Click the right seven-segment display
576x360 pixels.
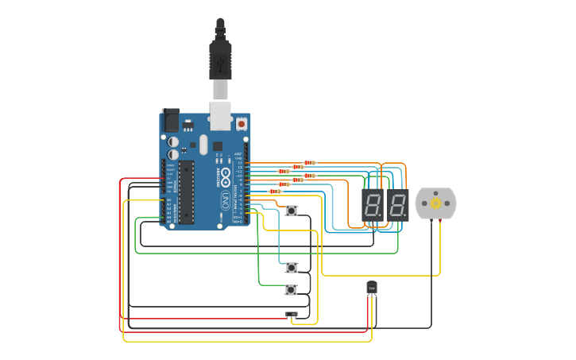click(x=398, y=205)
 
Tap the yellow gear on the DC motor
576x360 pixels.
click(x=435, y=204)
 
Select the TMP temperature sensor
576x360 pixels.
click(x=372, y=288)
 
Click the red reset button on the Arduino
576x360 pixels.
click(x=241, y=124)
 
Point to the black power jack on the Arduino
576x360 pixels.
click(x=170, y=120)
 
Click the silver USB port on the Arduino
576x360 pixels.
click(x=220, y=115)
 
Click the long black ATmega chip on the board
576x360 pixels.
click(x=186, y=192)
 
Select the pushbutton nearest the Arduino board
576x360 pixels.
click(x=292, y=211)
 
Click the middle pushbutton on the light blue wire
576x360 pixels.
click(x=292, y=268)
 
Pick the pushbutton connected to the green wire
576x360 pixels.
click(x=291, y=290)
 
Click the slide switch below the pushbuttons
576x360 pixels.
click(x=292, y=315)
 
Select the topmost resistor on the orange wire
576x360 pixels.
click(x=309, y=163)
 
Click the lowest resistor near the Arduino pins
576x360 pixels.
click(x=276, y=192)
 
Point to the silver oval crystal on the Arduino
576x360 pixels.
click(x=203, y=145)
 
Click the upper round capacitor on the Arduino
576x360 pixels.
click(x=173, y=141)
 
